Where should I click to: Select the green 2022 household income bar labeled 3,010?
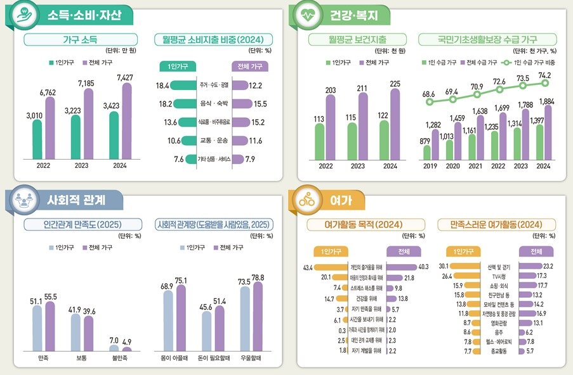coord(37,139)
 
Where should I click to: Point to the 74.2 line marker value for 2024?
coord(544,74)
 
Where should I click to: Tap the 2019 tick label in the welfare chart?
coord(430,167)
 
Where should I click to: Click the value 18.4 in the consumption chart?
coord(162,86)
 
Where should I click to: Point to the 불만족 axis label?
coord(120,358)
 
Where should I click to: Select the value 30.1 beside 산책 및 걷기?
coord(444,266)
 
